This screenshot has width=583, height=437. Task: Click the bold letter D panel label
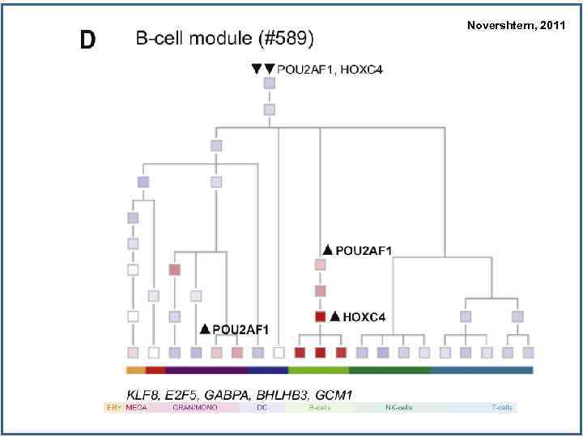[88, 40]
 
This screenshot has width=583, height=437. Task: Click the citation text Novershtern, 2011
[516, 26]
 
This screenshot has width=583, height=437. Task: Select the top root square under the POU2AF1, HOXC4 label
[269, 83]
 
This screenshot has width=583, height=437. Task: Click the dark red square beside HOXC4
[320, 316]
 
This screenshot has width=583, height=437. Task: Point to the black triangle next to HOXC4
[334, 316]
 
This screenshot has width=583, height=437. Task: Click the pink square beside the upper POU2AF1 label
[320, 265]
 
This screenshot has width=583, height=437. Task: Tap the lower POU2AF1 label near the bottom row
[240, 329]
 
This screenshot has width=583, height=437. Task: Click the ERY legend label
[113, 408]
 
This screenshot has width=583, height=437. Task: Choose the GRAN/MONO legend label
[191, 408]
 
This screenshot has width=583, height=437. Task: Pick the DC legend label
[262, 408]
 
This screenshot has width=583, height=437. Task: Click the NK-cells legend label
[398, 408]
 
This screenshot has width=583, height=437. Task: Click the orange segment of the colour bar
[135, 371]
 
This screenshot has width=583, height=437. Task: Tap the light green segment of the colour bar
[318, 371]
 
